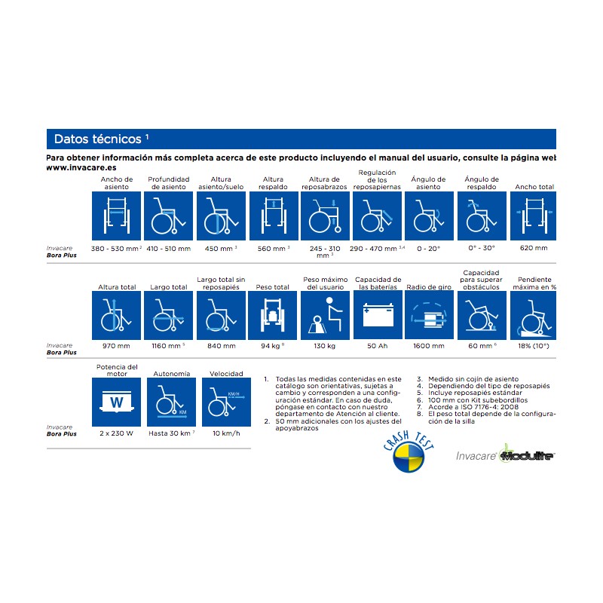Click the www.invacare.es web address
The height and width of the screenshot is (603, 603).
coord(81,167)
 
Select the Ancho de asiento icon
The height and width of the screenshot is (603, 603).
coord(116,216)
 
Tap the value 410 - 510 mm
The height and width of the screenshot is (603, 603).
coord(168,249)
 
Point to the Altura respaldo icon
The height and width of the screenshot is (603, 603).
coord(274,216)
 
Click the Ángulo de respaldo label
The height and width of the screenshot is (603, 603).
coord(482,183)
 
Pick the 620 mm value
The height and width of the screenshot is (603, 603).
coord(534,248)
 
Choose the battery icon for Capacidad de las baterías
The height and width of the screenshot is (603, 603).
coord(378,315)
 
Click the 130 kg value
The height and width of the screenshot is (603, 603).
coord(325,346)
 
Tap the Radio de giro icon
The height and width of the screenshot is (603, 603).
coord(429,315)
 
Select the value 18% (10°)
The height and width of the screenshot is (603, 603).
coord(534,346)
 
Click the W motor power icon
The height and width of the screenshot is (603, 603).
coord(116,403)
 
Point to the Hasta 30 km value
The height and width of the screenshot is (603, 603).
coord(172,433)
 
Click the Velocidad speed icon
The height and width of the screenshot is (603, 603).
coord(226,403)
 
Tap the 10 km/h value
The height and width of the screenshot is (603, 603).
coord(226,433)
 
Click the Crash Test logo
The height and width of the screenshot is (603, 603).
coord(409,452)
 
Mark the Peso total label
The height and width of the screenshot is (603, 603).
coord(272,287)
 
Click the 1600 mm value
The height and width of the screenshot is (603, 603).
coord(429,346)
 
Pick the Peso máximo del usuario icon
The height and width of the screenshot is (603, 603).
coord(325,315)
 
